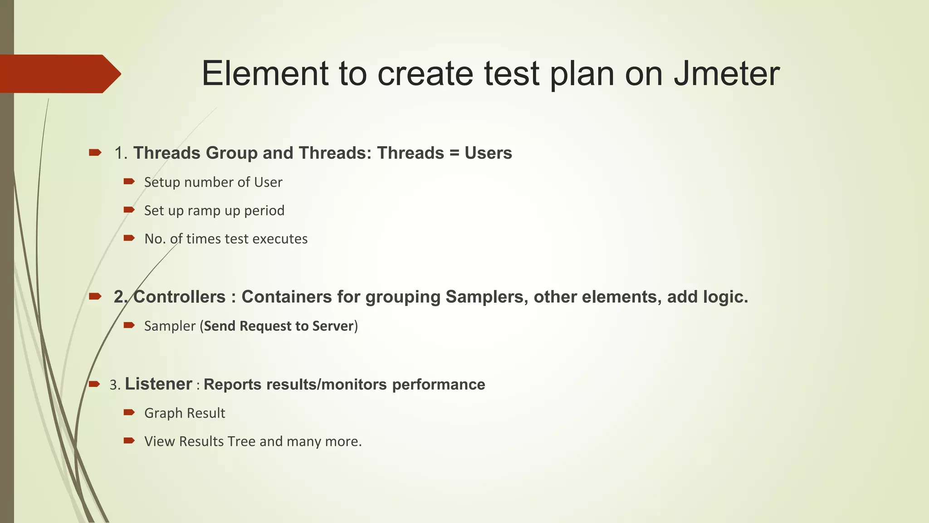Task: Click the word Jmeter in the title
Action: [726, 74]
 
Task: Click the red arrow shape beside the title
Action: [59, 74]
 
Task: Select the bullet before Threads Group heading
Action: [95, 153]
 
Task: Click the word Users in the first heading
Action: [488, 153]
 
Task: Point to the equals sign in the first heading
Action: [454, 153]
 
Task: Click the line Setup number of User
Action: [213, 183]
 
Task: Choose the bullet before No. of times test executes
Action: [129, 238]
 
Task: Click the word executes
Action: [279, 239]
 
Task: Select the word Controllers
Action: [179, 297]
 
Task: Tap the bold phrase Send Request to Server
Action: [279, 326]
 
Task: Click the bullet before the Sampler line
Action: [129, 325]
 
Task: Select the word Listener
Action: [158, 384]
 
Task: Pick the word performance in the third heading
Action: [438, 385]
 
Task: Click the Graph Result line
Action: [184, 413]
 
